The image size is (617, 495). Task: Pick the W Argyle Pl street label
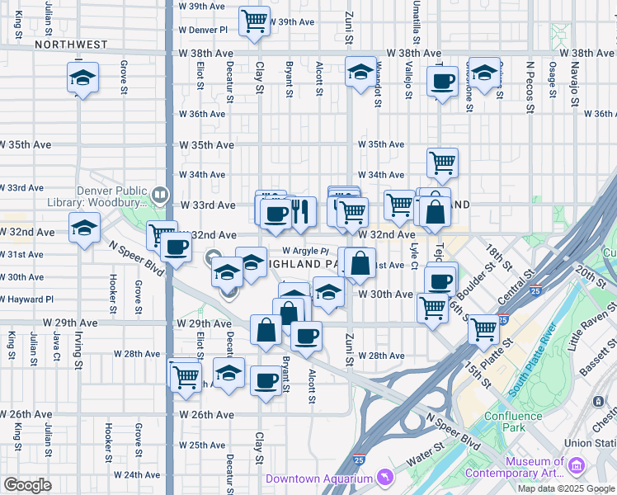pyautogui.click(x=305, y=251)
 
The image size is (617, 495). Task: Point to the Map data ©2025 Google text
pyautogui.click(x=566, y=488)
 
